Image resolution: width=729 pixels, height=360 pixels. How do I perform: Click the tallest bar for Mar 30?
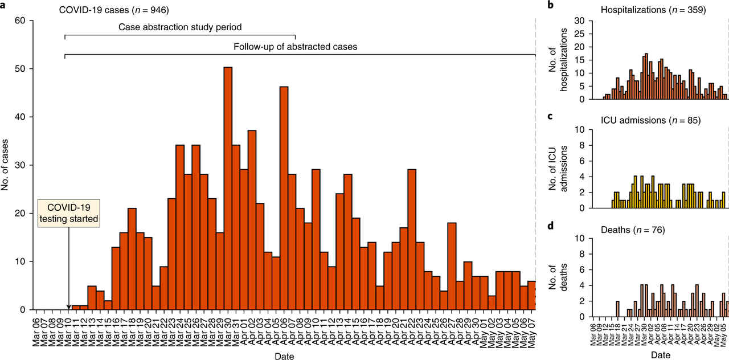(x=228, y=189)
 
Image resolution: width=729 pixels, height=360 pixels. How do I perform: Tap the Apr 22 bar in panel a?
(x=412, y=240)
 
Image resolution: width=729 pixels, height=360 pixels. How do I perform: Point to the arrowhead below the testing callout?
(x=68, y=306)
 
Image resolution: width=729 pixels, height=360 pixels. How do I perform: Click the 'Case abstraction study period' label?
(x=180, y=27)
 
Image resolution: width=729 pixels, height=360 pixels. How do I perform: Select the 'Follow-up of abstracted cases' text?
(x=295, y=47)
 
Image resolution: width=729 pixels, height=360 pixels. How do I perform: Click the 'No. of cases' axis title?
(x=7, y=166)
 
